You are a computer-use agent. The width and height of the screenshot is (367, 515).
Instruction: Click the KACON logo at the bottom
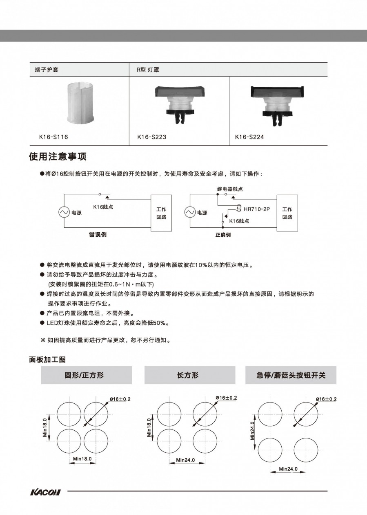(x=45, y=492)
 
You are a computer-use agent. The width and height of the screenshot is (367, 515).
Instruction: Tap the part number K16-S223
(x=151, y=137)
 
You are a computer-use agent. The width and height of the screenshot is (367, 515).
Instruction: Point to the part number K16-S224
(x=249, y=137)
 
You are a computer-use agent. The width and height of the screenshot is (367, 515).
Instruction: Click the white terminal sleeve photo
(x=80, y=102)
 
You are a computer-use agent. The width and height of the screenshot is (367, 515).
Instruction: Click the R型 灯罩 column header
(x=148, y=70)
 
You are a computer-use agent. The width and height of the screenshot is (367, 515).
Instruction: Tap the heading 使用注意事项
(x=58, y=157)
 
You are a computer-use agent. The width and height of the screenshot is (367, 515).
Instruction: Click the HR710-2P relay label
(x=257, y=209)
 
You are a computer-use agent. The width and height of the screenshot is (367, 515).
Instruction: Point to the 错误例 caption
(x=98, y=235)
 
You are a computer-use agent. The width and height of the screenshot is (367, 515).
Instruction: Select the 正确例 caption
(x=223, y=235)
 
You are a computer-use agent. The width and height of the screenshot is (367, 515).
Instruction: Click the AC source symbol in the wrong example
(x=64, y=212)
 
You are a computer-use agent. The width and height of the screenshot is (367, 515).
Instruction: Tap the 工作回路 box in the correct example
(x=287, y=213)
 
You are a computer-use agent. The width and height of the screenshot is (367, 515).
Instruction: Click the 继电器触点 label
(x=230, y=189)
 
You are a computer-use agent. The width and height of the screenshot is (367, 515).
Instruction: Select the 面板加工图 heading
(x=47, y=360)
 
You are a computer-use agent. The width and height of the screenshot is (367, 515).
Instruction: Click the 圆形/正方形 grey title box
(x=86, y=375)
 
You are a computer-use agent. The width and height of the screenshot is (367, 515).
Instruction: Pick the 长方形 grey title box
(x=189, y=375)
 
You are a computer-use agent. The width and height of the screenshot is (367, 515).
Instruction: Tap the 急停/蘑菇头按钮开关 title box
(x=291, y=375)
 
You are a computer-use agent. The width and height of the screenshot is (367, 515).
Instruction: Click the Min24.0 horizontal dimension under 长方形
(x=185, y=460)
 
